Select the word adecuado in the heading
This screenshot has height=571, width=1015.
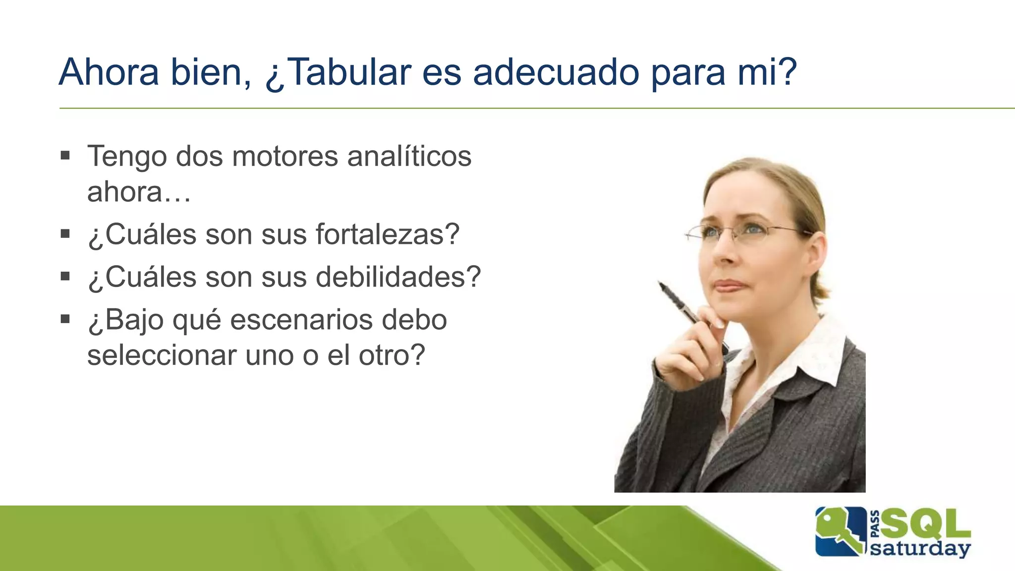point(556,72)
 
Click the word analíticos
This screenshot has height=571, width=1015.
point(409,157)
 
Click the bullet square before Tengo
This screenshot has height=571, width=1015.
point(65,156)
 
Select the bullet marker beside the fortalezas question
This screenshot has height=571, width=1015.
point(65,233)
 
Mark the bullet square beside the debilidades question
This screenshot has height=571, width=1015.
point(65,276)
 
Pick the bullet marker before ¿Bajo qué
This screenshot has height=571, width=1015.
point(65,319)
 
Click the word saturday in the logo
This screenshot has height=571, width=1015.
point(920,549)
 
